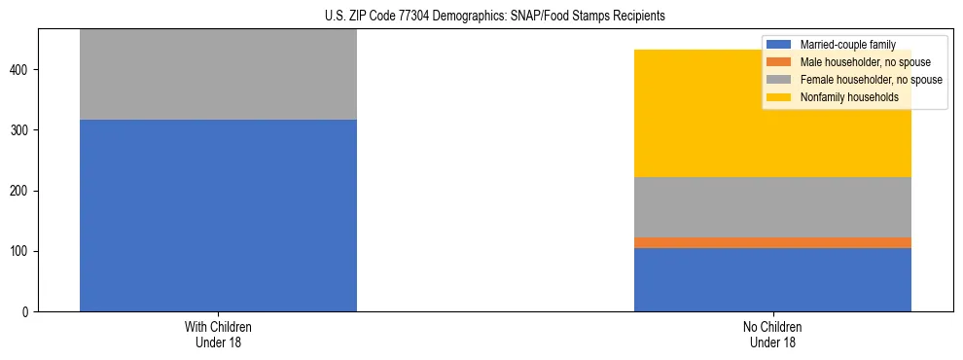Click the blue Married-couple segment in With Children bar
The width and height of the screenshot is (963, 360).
tap(218, 215)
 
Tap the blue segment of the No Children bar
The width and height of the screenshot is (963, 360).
tap(772, 279)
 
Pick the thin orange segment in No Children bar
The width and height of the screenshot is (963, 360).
tap(772, 242)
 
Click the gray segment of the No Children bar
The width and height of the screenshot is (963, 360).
tap(772, 207)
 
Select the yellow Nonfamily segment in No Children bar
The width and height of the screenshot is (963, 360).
tap(772, 136)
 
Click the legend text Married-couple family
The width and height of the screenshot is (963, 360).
tap(847, 45)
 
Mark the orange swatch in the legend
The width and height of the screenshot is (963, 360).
tap(779, 62)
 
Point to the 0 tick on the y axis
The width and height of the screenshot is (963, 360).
tap(28, 312)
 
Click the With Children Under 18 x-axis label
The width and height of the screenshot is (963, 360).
tap(218, 335)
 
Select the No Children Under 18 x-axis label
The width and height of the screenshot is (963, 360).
tap(772, 335)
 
